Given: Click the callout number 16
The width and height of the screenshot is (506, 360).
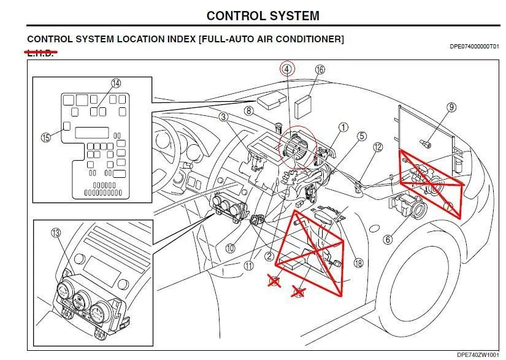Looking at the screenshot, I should (320, 70).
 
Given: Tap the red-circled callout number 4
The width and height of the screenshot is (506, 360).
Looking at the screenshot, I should (286, 69).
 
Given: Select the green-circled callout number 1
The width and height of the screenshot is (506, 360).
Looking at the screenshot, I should (343, 127).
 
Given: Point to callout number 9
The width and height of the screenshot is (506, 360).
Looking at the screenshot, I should (451, 107).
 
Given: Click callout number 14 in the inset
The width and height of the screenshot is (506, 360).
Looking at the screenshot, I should (116, 83).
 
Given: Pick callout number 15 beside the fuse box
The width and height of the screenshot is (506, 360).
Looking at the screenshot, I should (45, 137).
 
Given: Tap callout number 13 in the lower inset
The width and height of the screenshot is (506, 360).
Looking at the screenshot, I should (56, 232).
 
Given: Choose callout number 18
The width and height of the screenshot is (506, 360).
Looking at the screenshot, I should (358, 262).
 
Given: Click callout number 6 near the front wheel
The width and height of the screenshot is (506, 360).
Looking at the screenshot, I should (388, 240).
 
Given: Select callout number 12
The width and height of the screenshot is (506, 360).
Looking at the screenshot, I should (378, 147).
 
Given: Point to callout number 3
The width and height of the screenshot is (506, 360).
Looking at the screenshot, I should (224, 117).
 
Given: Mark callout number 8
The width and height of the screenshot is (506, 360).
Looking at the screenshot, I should (248, 111).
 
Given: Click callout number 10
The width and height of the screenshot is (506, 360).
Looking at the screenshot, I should (230, 248).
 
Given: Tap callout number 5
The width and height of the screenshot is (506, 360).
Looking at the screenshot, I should (362, 136).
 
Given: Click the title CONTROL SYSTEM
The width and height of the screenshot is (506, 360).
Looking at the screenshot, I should (263, 16).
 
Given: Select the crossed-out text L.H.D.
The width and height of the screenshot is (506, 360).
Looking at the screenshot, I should (40, 53).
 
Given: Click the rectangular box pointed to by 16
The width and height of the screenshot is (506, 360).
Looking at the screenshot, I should (305, 107).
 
